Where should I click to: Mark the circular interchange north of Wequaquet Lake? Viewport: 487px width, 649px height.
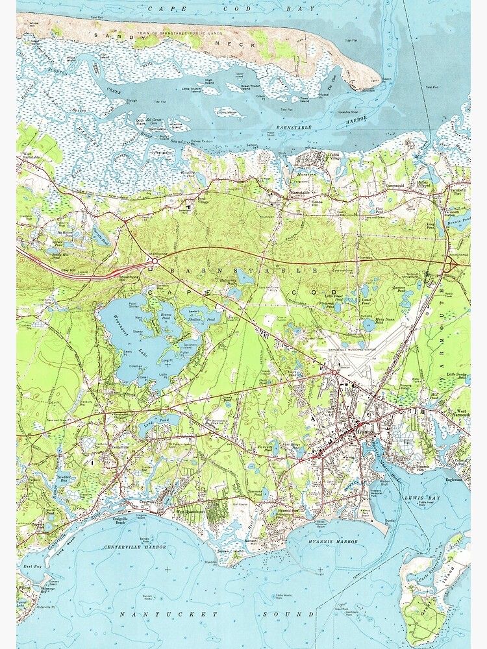(154, 262)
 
